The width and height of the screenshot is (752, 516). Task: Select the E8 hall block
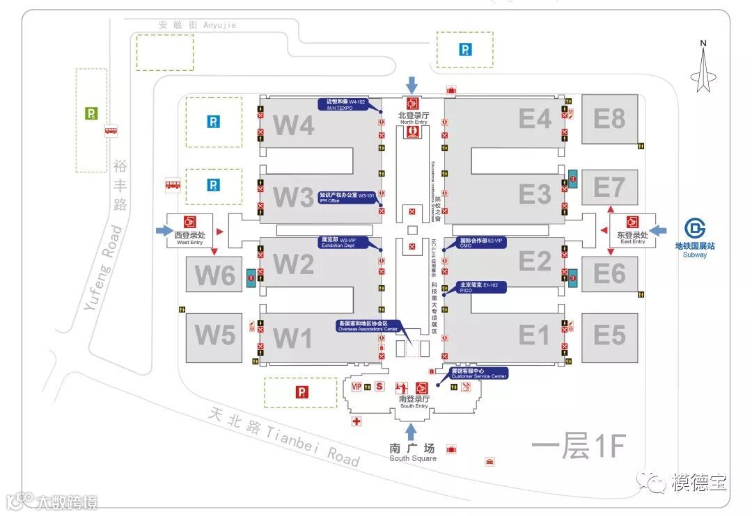pos(609,119)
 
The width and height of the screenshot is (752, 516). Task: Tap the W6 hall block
pos(214,275)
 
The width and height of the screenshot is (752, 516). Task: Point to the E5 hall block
pos(609,337)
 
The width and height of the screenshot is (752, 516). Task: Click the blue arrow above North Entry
pos(412,85)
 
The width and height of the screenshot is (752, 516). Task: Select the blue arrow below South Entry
pos(412,431)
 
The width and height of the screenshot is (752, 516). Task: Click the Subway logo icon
pos(694,229)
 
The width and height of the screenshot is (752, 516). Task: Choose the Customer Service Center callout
pos(479,373)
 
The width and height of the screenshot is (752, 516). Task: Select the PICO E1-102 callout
pos(480,287)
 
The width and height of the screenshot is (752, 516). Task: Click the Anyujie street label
pos(197,25)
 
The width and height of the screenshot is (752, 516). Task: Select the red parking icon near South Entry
pos(302,392)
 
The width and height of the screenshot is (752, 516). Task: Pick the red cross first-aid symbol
pos(357,421)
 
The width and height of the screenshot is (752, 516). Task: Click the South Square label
pos(412,453)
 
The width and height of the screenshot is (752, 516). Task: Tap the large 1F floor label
pos(578,446)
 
